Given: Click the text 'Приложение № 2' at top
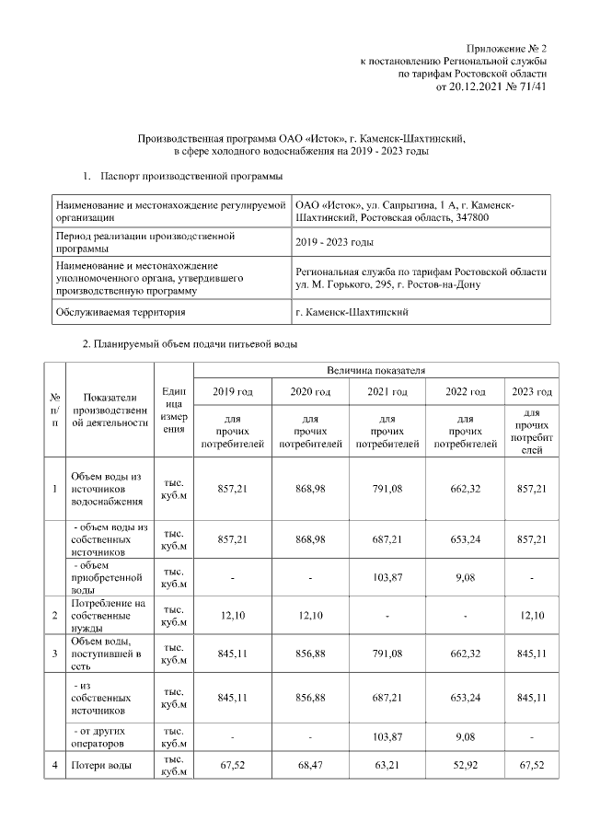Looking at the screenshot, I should [506, 47].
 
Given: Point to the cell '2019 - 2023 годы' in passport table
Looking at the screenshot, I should [334, 242].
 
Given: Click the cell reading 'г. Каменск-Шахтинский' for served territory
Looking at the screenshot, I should [352, 312].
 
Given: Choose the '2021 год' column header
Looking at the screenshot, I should [389, 393].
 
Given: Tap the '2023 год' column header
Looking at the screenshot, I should [531, 393].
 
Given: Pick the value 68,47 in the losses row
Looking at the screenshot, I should [311, 766].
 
